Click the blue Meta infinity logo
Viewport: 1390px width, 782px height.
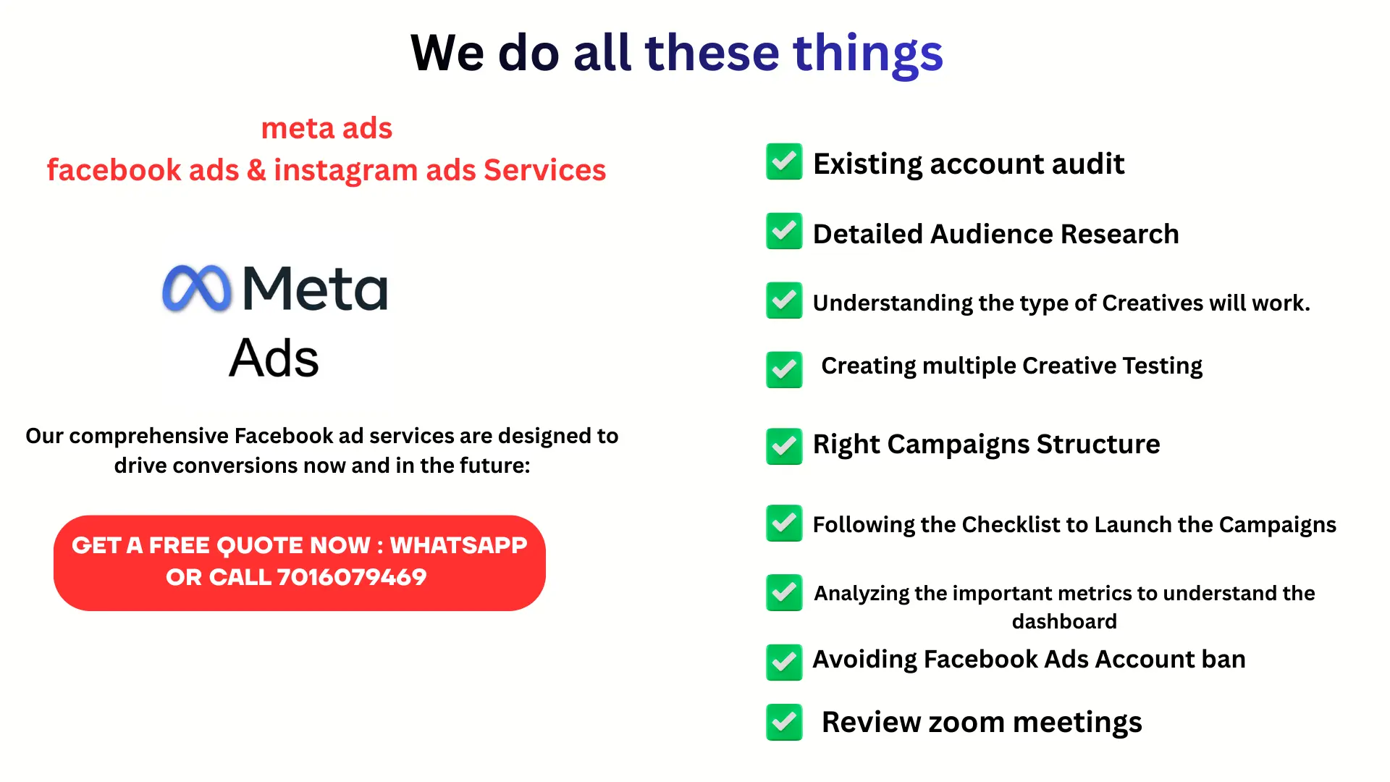coord(197,289)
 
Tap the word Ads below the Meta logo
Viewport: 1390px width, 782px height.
coord(274,358)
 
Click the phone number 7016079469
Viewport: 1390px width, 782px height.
coord(352,577)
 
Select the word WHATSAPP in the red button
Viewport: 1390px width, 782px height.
coord(459,545)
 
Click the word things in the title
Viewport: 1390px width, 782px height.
coord(868,54)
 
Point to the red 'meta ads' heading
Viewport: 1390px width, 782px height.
coord(327,128)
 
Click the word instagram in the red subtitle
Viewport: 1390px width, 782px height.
coord(346,171)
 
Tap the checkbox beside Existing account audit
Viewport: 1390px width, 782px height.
coord(784,161)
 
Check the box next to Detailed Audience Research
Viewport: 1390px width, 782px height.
coord(784,231)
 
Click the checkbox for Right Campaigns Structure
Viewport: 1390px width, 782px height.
coord(784,446)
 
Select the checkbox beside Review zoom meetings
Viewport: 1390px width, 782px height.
coord(784,722)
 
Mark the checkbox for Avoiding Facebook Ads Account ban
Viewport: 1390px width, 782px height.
coord(784,662)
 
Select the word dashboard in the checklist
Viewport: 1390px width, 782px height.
coord(1064,621)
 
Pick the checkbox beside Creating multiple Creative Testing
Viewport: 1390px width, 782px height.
coord(784,369)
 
